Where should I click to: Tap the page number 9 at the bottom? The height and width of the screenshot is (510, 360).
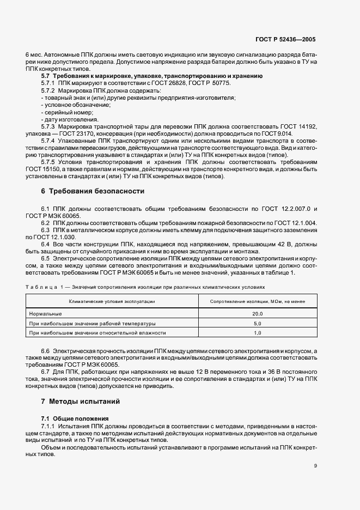[x=316, y=466]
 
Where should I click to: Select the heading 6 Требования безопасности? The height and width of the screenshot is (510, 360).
[x=93, y=191]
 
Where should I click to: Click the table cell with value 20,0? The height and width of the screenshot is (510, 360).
[x=258, y=314]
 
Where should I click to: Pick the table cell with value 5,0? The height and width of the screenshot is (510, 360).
[x=258, y=323]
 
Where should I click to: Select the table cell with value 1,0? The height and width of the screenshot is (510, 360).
[x=258, y=332]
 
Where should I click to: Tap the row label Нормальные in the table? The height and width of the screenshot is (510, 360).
[x=45, y=314]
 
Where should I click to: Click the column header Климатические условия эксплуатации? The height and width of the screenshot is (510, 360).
[x=112, y=301]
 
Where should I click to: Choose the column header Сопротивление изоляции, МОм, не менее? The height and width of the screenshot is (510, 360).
[x=258, y=301]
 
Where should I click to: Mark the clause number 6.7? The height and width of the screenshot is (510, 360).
[x=46, y=372]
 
